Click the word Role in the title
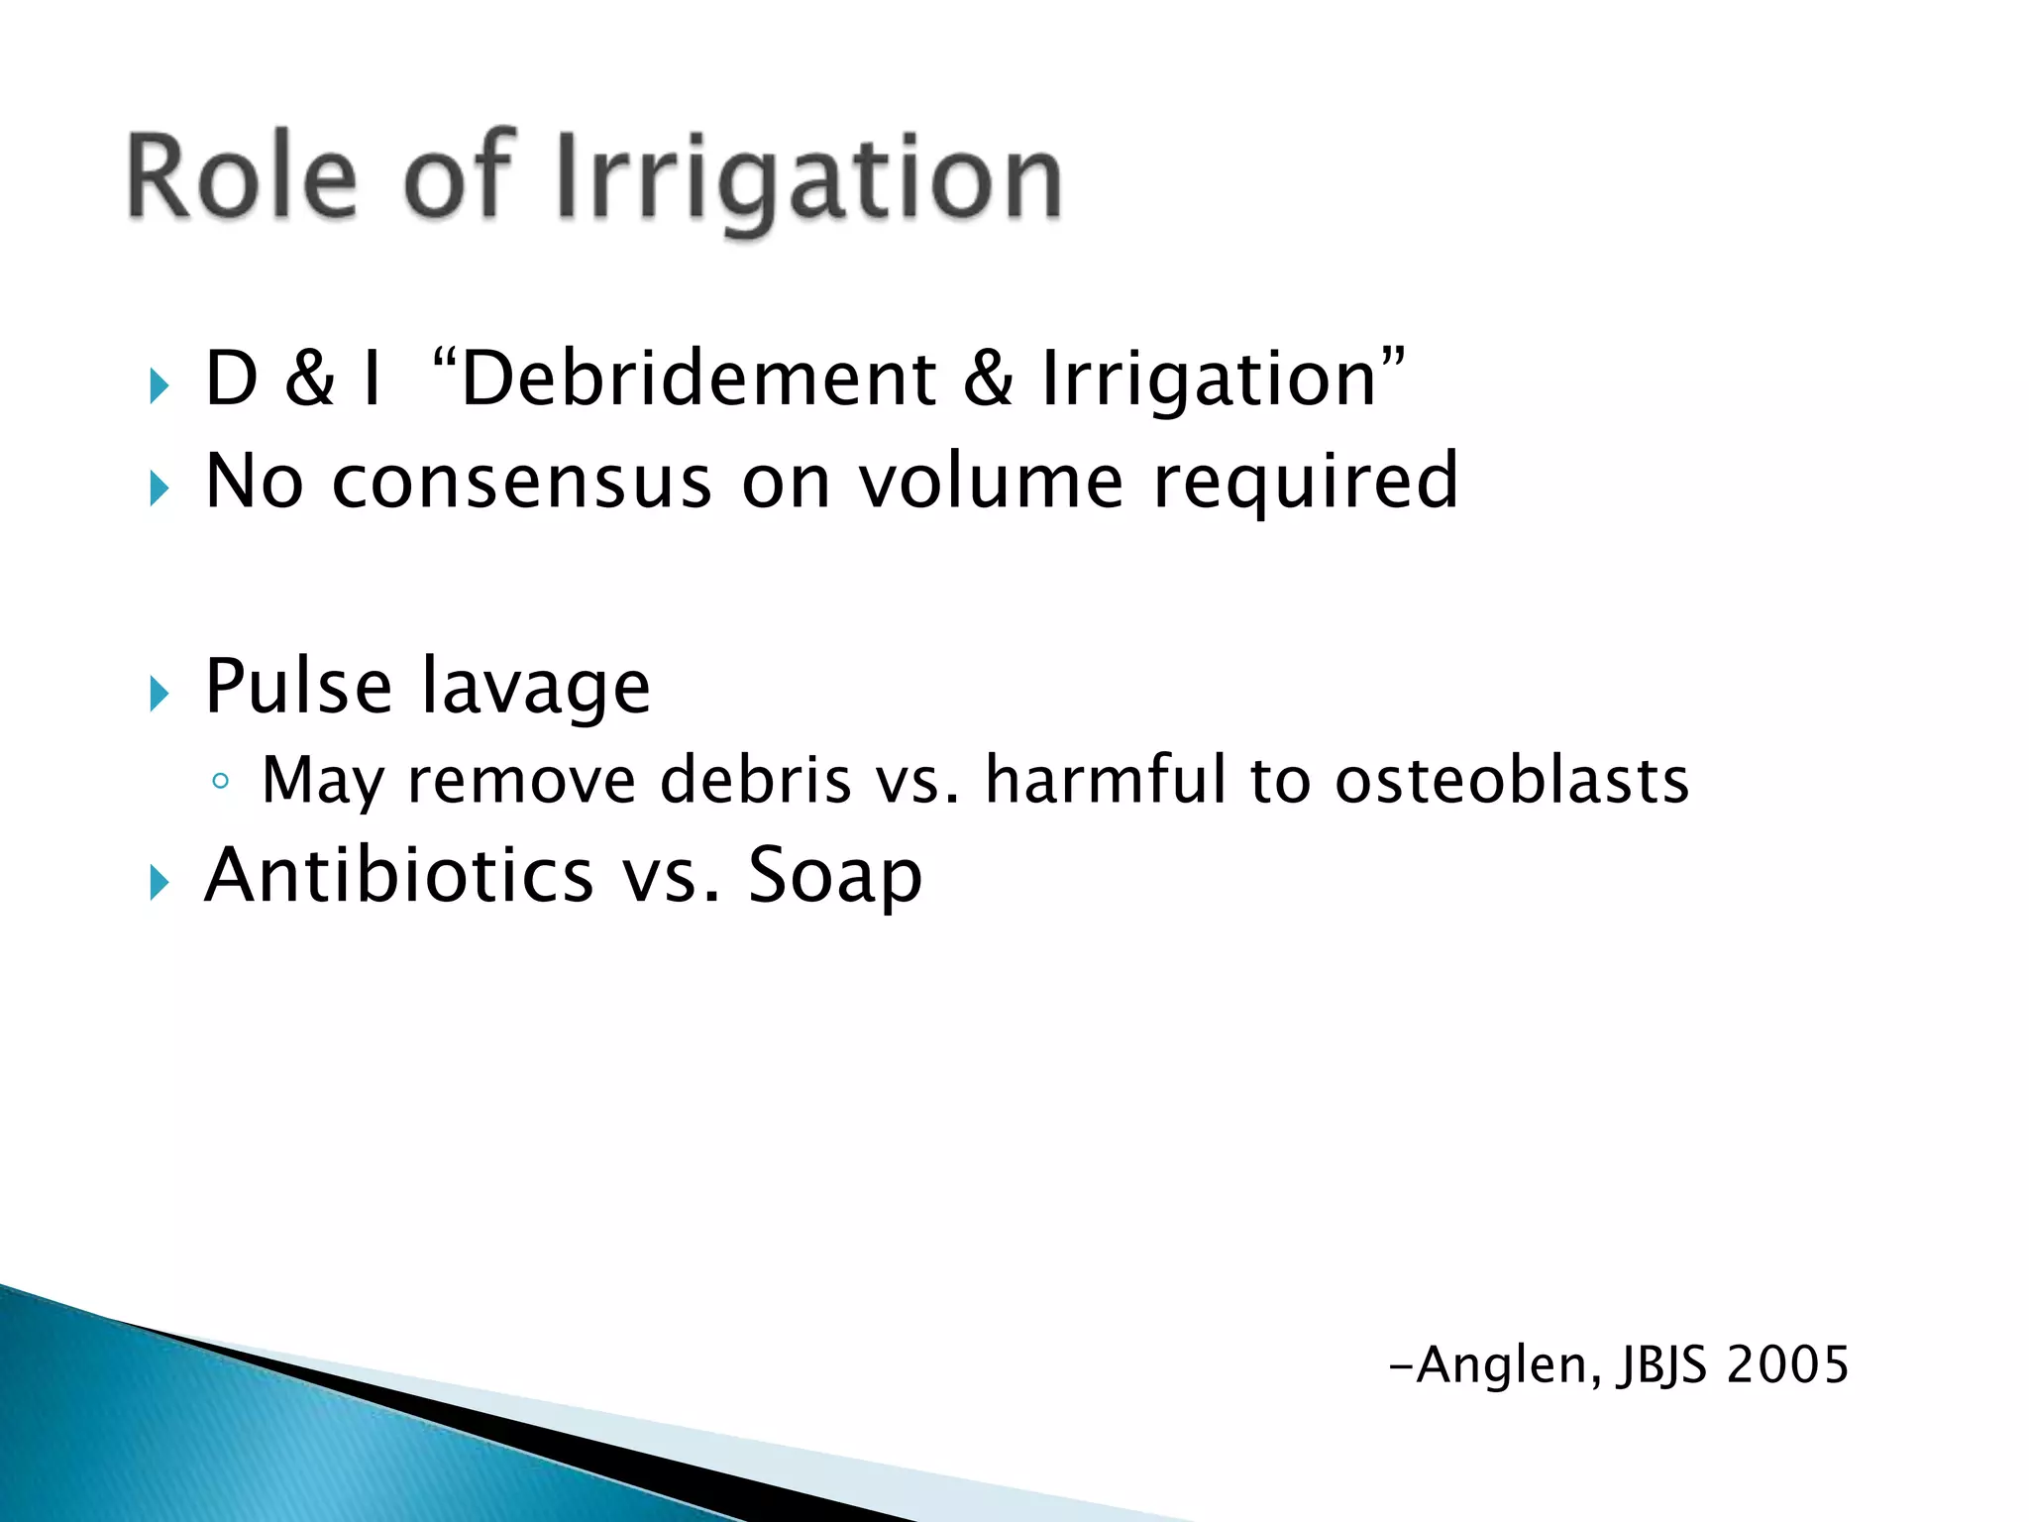click(242, 176)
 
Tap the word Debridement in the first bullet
click(698, 380)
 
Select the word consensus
click(522, 482)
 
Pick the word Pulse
click(298, 686)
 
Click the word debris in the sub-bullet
click(755, 780)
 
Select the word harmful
click(1106, 780)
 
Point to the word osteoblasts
click(1511, 780)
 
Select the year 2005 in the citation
click(1787, 1365)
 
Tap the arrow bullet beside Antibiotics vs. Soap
click(159, 882)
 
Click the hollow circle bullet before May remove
click(220, 782)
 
